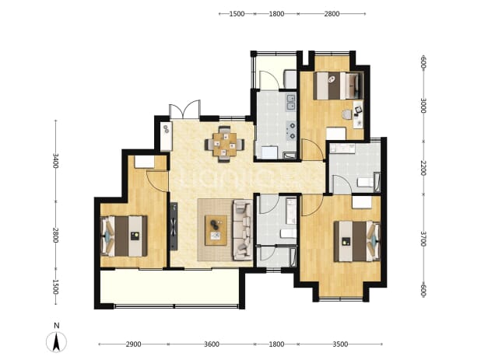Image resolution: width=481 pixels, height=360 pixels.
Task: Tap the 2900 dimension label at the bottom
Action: pyautogui.click(x=133, y=344)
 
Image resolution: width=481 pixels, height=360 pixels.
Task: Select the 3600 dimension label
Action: pyautogui.click(x=212, y=344)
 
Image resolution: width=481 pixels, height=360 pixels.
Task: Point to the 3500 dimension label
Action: pyautogui.click(x=340, y=344)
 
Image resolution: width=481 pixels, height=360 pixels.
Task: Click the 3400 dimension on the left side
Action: pyautogui.click(x=55, y=160)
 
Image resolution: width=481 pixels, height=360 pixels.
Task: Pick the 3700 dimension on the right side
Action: pyautogui.click(x=423, y=239)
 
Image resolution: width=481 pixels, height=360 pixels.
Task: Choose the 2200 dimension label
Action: pyautogui.click(x=423, y=168)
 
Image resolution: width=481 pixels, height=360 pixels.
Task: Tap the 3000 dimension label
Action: pyautogui.click(x=423, y=106)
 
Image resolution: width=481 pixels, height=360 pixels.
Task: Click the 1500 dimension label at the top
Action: pyautogui.click(x=237, y=14)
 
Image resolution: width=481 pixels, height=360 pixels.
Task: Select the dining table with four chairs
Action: pyautogui.click(x=225, y=144)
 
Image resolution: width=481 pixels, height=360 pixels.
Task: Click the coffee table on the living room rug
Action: pyautogui.click(x=216, y=230)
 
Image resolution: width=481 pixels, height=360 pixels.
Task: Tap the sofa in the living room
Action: pyautogui.click(x=243, y=230)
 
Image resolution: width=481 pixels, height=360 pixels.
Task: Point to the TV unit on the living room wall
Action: pyautogui.click(x=174, y=226)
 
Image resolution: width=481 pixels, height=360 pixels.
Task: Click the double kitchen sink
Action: pyautogui.click(x=291, y=103)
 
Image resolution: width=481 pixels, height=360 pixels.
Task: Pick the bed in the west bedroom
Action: pyautogui.click(x=124, y=236)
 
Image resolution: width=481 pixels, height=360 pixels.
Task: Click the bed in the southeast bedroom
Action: pyautogui.click(x=357, y=242)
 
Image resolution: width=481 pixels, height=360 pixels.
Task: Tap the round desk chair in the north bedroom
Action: pyautogui.click(x=347, y=114)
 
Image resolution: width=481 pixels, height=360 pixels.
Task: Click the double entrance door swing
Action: pyautogui.click(x=184, y=110)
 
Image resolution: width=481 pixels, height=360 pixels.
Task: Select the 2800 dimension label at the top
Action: pyautogui.click(x=332, y=14)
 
